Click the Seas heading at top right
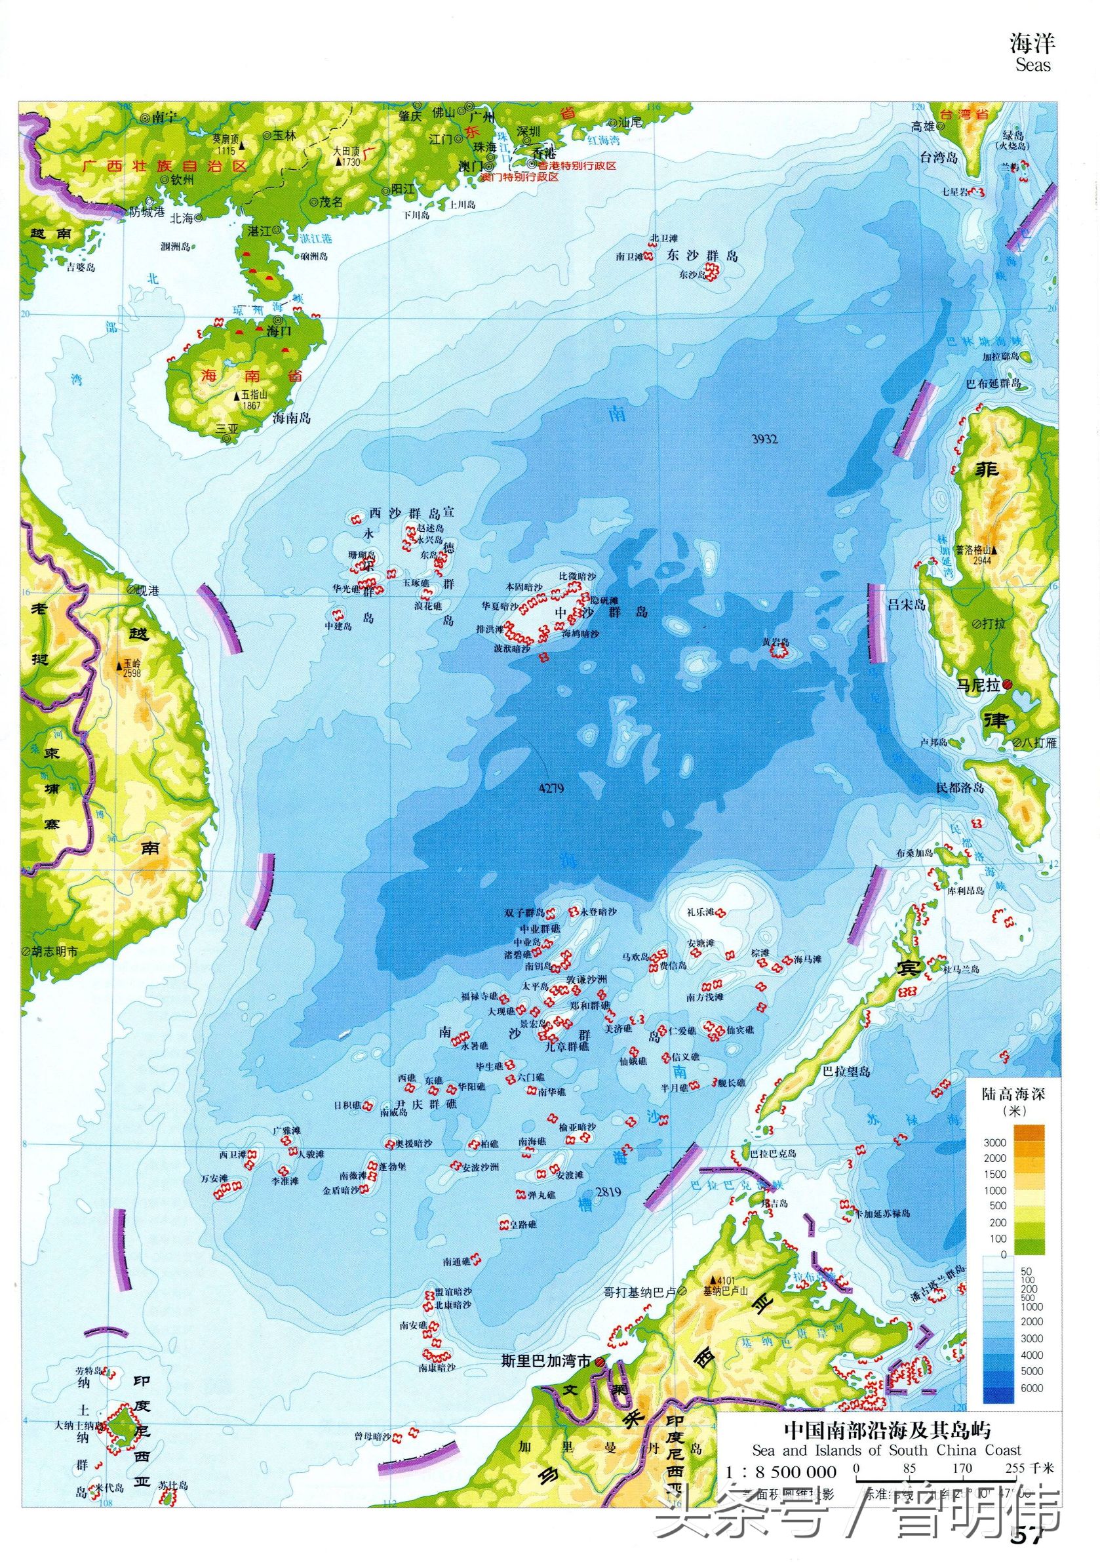[1032, 66]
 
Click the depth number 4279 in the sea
[551, 788]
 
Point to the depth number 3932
[764, 439]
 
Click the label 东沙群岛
[703, 256]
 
